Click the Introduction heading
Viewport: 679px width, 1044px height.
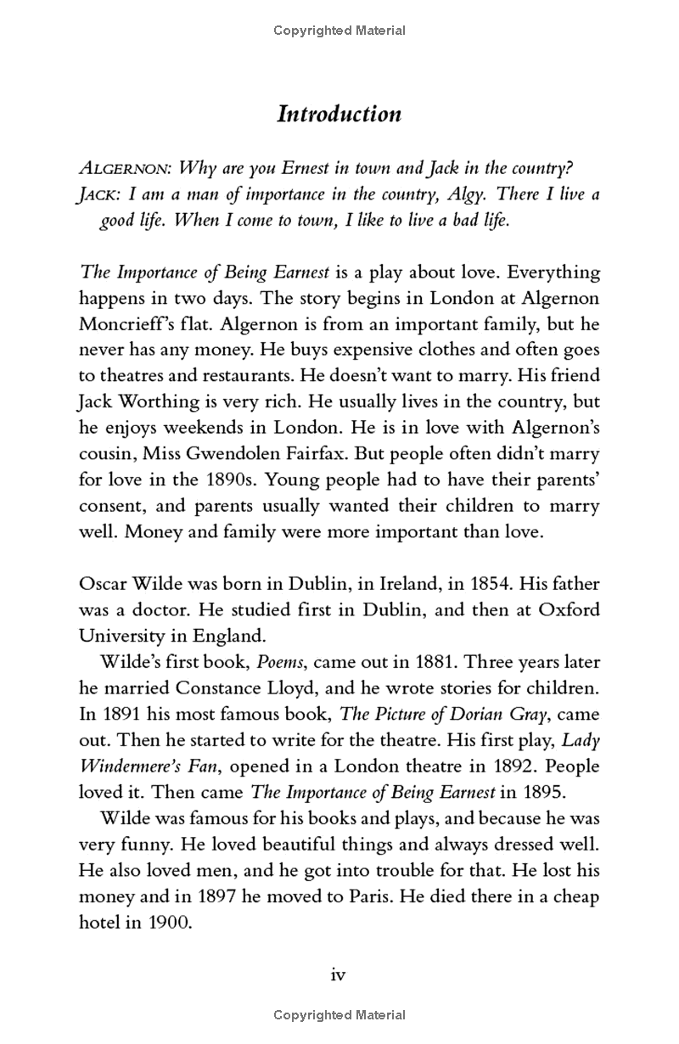pos(339,115)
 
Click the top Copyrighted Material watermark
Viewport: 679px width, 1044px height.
pos(339,31)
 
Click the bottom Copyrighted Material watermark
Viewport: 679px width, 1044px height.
pos(339,1015)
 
